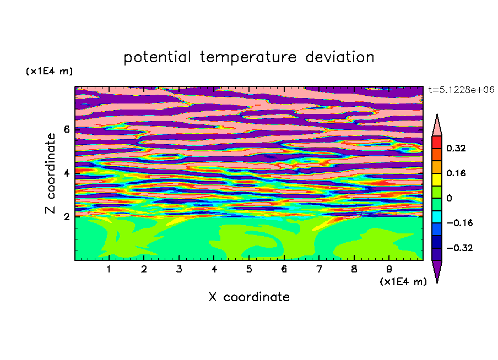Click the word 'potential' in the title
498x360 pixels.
click(x=157, y=57)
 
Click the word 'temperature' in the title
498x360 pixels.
click(x=248, y=57)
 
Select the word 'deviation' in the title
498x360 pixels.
click(x=340, y=57)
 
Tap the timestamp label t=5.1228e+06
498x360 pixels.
click(x=461, y=90)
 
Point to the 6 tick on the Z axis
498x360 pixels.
click(x=66, y=129)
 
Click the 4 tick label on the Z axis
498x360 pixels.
click(x=66, y=173)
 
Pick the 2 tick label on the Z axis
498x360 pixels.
click(x=66, y=216)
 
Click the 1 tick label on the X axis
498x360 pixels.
click(x=109, y=269)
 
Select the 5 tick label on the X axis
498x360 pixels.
click(x=249, y=269)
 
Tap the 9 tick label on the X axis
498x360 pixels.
click(x=389, y=269)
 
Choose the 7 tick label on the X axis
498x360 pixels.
click(x=319, y=269)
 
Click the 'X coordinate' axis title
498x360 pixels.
click(x=249, y=297)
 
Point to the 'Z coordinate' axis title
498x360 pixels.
click(x=50, y=173)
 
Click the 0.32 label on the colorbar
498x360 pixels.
click(x=456, y=148)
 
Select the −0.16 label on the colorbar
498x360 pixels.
click(x=459, y=223)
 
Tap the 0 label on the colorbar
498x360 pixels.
click(x=449, y=198)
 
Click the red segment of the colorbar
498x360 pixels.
click(x=437, y=142)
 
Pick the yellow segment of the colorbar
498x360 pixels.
click(x=437, y=179)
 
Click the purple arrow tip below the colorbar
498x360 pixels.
click(x=437, y=282)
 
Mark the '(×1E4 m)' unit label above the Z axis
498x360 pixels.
click(x=49, y=71)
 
